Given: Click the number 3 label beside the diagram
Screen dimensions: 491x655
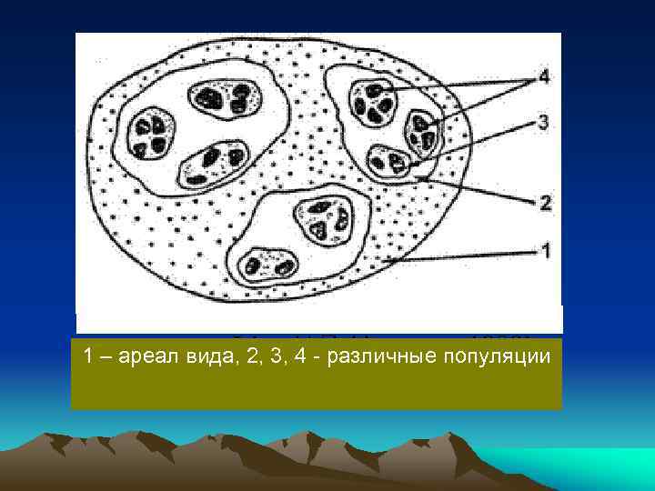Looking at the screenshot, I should click(x=544, y=121).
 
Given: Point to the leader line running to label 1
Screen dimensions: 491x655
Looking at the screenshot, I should click(x=464, y=256).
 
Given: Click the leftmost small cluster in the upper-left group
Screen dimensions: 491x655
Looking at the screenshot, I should click(x=147, y=134).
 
